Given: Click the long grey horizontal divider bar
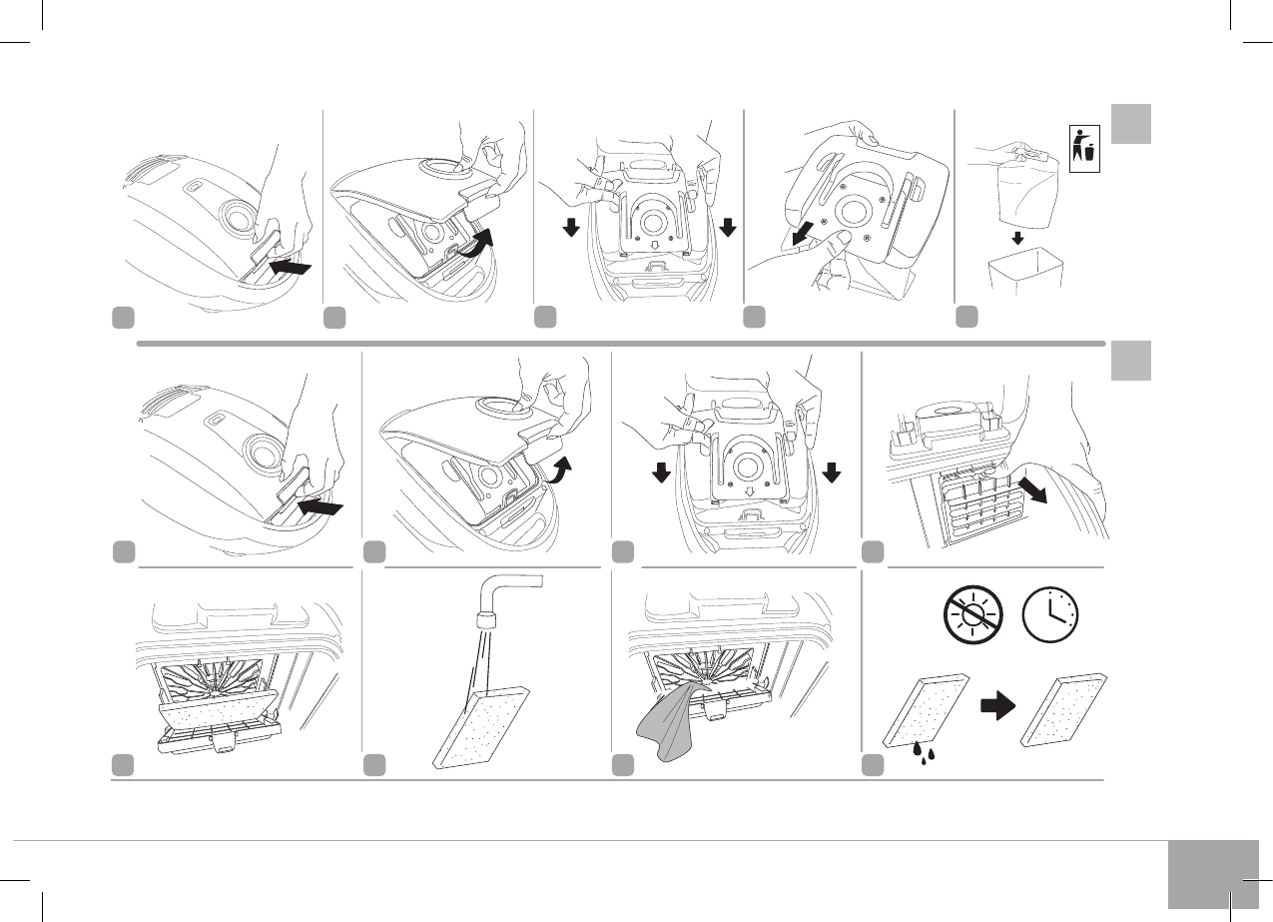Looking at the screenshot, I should point(619,343).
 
